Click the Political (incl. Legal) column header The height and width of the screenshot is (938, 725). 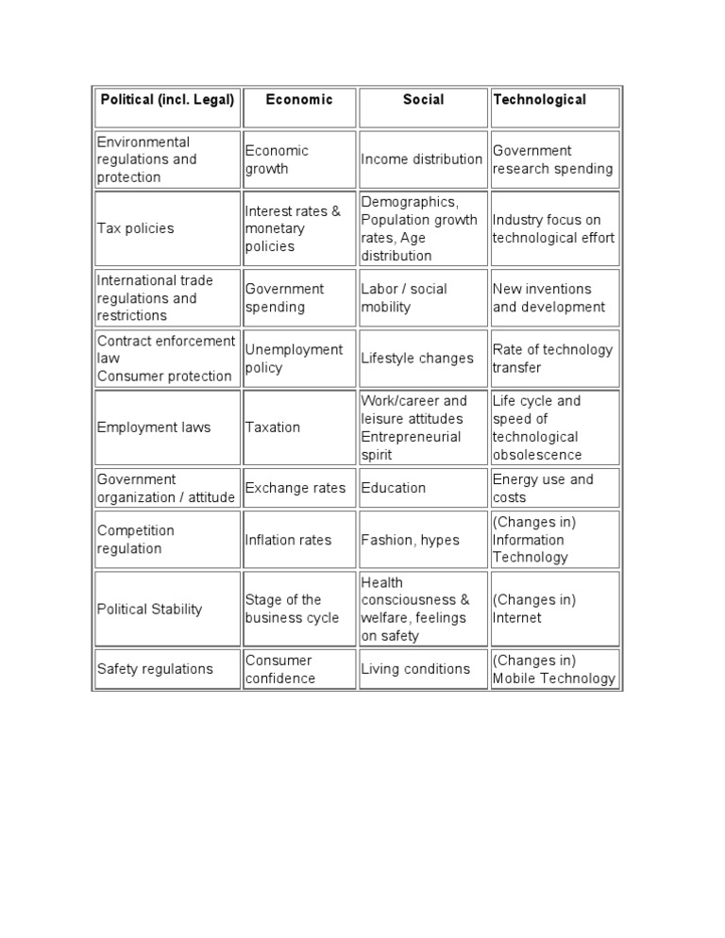pos(167,100)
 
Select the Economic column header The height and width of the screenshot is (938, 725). pos(299,100)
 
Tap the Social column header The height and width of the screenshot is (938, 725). pos(423,100)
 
